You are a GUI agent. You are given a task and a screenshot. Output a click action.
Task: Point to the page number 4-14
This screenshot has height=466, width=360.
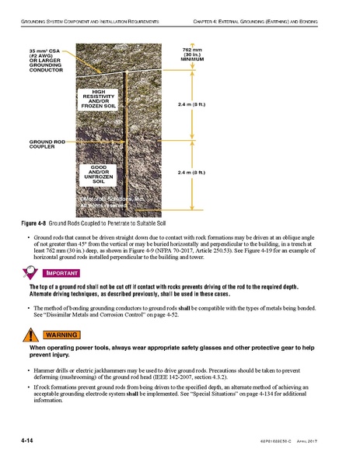click(x=32, y=442)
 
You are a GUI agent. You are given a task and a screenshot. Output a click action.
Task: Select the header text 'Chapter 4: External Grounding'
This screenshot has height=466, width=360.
click(x=257, y=16)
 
